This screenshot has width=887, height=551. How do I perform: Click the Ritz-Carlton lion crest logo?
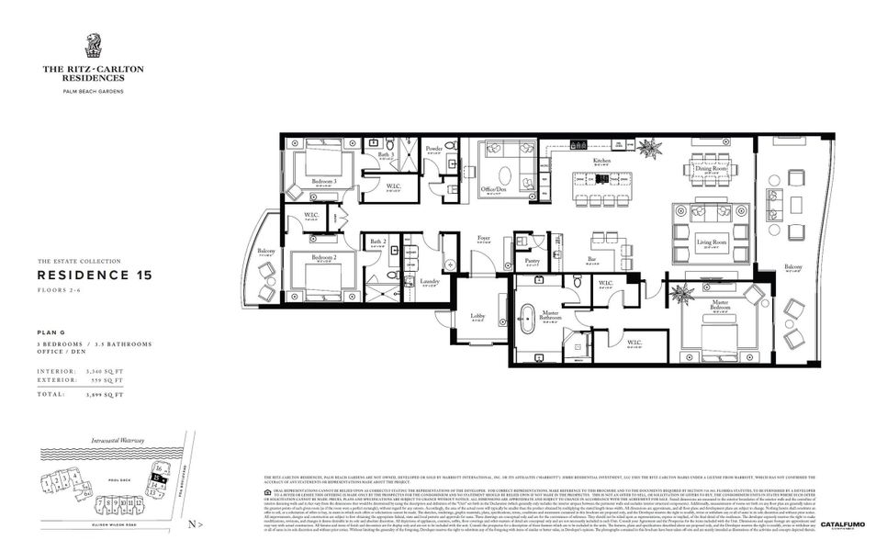[93, 45]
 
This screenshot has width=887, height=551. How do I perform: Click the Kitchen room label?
[601, 161]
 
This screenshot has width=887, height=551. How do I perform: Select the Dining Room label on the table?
[711, 169]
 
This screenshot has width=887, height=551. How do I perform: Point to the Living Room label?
[711, 242]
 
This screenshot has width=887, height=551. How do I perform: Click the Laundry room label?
[429, 281]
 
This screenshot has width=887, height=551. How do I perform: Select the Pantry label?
[532, 261]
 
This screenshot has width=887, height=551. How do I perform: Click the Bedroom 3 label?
[323, 181]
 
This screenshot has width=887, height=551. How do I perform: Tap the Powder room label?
[434, 148]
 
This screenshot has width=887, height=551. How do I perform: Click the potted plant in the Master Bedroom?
[681, 294]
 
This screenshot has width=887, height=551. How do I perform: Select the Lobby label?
[477, 315]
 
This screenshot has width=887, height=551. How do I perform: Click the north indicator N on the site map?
[189, 524]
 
